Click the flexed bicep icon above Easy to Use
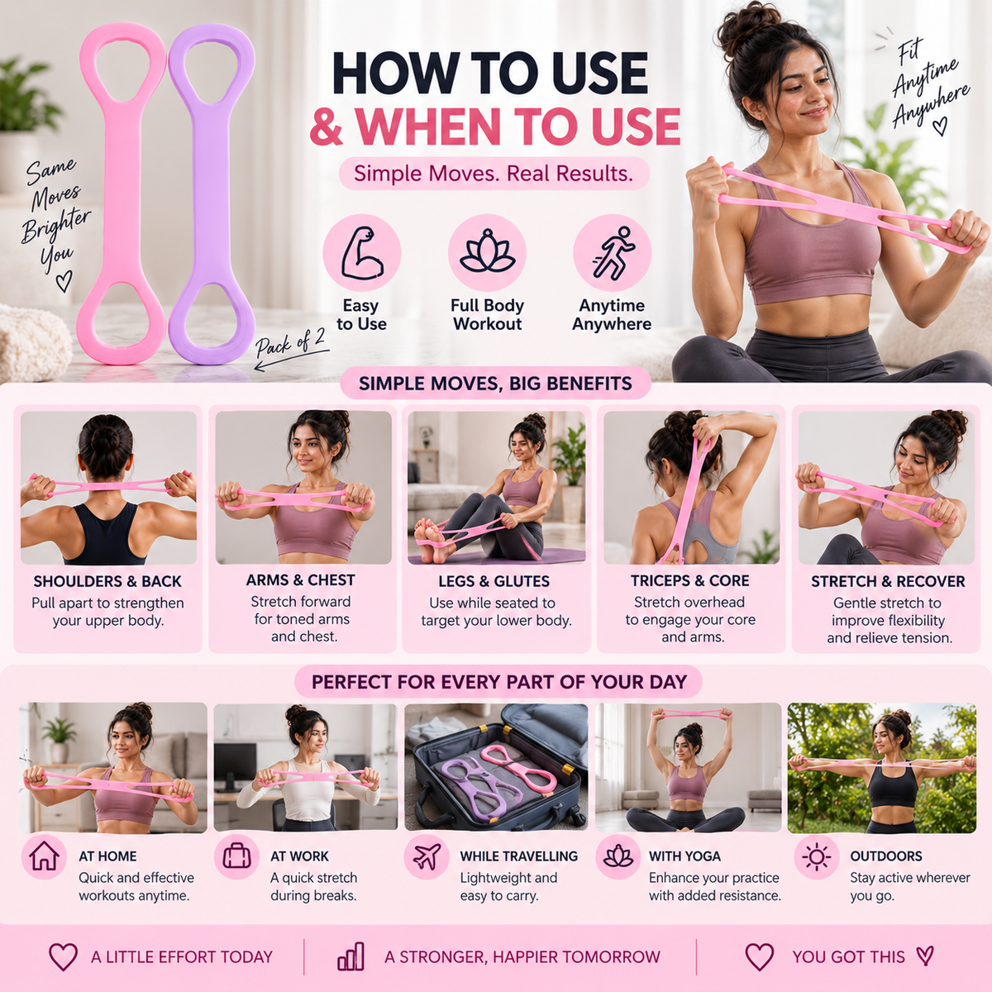tap(362, 253)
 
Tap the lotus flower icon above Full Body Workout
tap(487, 251)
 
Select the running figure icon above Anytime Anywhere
tap(613, 253)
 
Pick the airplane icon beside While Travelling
tap(427, 856)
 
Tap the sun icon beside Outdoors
tap(816, 857)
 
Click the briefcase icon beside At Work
tap(236, 856)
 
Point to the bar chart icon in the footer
tap(351, 956)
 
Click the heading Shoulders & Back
tap(107, 581)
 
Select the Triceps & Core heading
tap(689, 580)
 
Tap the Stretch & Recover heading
tap(888, 581)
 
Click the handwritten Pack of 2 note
tap(291, 342)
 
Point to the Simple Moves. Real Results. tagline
tap(494, 174)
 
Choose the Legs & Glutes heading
tap(494, 581)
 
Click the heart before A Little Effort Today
tap(63, 956)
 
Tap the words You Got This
tap(848, 956)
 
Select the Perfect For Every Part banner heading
tap(498, 681)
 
